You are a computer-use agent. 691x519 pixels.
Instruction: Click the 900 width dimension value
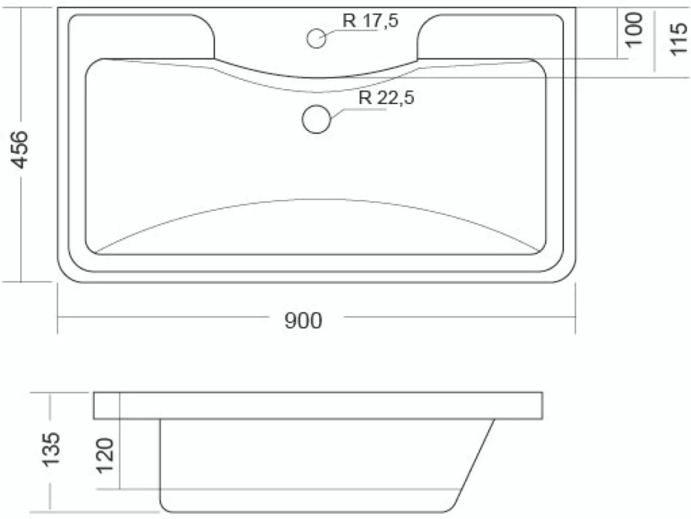(x=303, y=320)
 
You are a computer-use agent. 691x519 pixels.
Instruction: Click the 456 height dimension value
(x=20, y=150)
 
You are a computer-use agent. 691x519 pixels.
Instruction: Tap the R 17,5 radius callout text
(x=370, y=20)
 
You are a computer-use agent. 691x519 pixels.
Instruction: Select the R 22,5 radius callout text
(x=387, y=98)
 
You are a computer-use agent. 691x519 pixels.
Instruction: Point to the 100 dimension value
(x=634, y=29)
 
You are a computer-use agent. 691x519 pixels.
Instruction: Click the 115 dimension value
(x=678, y=38)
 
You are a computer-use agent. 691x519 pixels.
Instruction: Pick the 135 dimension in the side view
(x=51, y=449)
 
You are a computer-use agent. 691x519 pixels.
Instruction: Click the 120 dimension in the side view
(x=105, y=455)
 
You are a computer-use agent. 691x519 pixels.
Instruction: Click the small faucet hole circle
(x=316, y=38)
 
